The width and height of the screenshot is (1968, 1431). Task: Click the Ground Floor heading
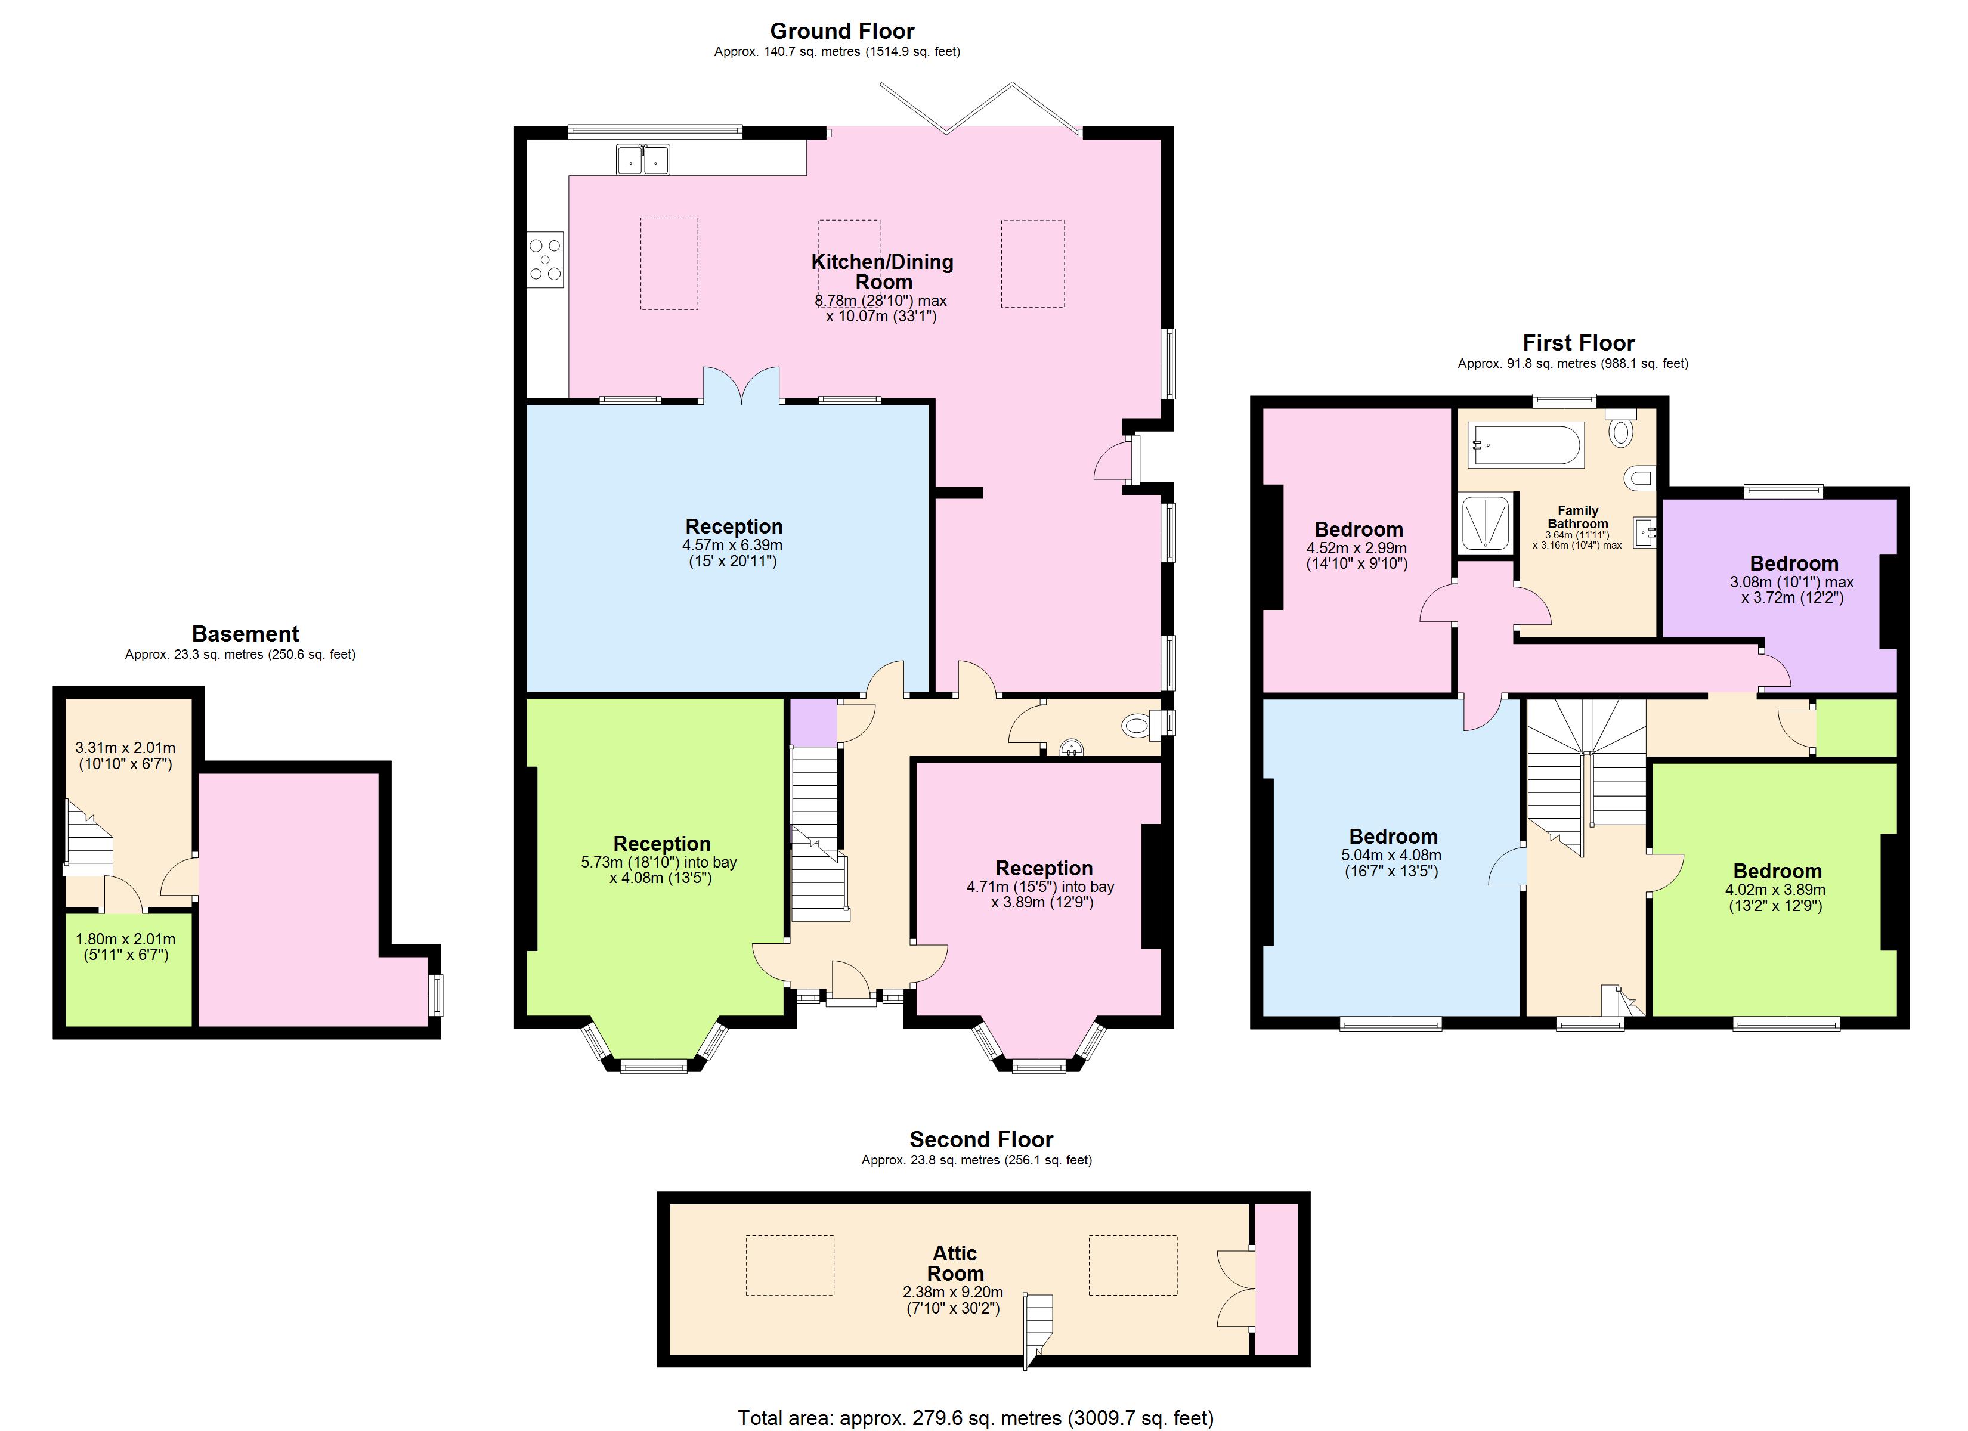click(x=841, y=31)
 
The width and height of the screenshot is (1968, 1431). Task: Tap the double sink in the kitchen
click(x=643, y=160)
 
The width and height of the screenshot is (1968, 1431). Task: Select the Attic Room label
click(x=955, y=1263)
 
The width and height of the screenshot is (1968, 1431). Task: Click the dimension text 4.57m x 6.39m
click(x=732, y=546)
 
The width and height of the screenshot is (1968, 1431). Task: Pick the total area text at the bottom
click(x=974, y=1417)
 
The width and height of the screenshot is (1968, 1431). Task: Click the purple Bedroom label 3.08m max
click(x=1793, y=564)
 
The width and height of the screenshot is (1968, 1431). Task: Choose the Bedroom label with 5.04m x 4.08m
click(x=1393, y=837)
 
